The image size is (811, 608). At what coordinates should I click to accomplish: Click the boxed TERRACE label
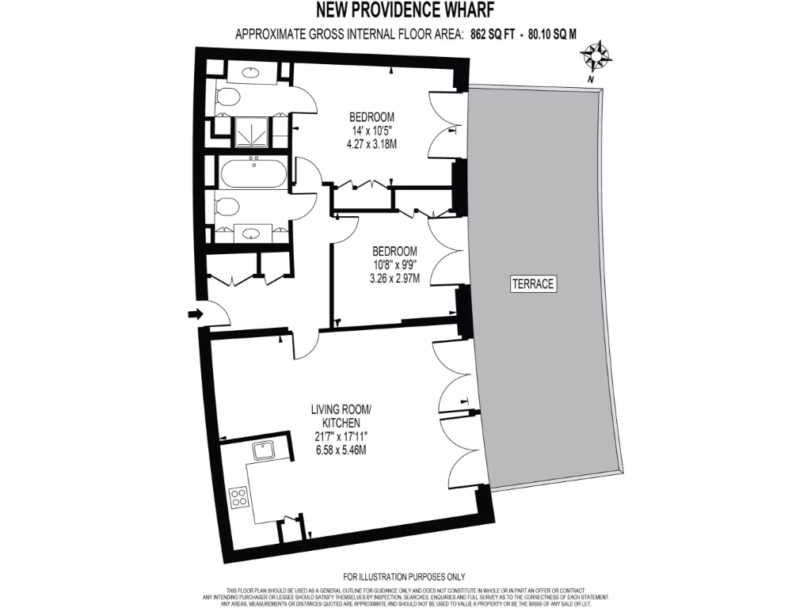click(x=532, y=283)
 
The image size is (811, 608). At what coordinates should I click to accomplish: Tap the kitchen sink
click(x=263, y=451)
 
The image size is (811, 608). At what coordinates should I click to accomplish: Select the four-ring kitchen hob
click(x=237, y=498)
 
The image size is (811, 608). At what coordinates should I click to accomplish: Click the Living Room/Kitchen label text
click(x=341, y=416)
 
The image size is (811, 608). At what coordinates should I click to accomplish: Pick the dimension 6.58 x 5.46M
click(x=341, y=450)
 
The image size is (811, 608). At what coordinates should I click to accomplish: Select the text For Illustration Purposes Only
click(x=404, y=576)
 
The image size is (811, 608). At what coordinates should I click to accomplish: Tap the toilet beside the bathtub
click(x=228, y=207)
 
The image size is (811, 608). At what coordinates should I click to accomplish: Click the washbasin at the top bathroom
click(x=251, y=73)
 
